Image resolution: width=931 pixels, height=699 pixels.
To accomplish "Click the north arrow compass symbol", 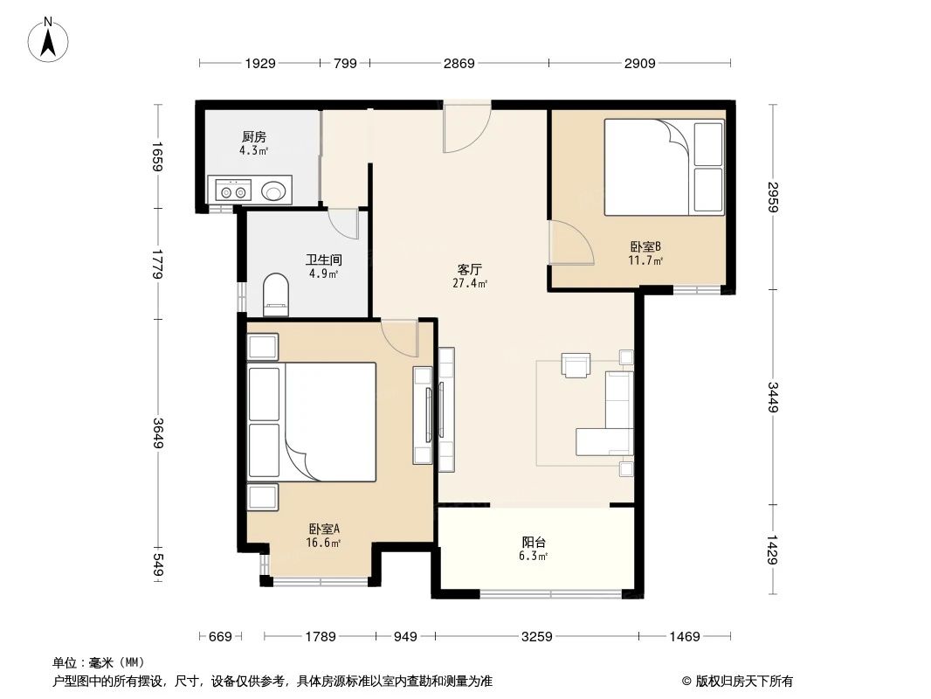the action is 48,40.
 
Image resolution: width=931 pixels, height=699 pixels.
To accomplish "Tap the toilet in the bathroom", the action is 275,294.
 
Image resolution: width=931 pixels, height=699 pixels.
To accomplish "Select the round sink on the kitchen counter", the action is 273,192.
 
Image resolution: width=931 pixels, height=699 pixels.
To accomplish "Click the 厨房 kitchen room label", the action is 254,136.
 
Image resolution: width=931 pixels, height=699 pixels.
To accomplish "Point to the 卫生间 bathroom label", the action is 324,260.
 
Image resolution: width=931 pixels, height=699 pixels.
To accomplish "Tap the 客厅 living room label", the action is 470,269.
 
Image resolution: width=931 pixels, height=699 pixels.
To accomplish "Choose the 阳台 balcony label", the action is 534,542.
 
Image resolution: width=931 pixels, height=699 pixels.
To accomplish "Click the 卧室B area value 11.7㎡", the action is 645,260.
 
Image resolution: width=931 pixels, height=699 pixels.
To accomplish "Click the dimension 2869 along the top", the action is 459,63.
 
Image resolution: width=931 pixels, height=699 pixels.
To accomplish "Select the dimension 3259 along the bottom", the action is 537,637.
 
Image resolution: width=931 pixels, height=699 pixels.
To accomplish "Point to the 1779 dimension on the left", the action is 157,264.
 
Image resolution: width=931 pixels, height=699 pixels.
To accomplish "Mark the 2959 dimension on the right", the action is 772,197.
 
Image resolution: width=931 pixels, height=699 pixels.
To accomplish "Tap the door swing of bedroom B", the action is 570,241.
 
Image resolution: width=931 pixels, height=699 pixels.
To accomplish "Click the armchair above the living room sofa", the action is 576,364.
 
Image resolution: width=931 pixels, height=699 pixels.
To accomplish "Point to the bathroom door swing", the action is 344,224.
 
